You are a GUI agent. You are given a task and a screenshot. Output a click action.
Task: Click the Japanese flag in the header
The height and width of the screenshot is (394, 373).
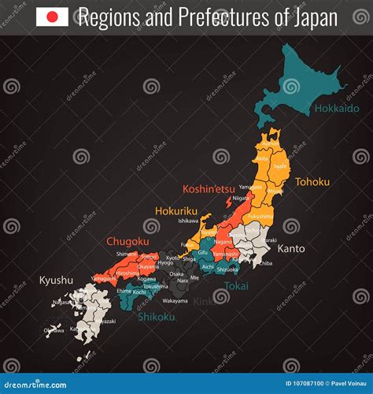coord(52,17)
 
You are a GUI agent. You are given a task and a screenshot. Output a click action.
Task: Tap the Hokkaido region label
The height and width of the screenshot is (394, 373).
coord(336,108)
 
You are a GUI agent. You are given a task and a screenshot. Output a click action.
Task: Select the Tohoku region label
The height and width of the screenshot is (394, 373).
coord(312,181)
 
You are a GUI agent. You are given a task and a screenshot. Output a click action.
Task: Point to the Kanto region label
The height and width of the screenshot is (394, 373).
coord(290,248)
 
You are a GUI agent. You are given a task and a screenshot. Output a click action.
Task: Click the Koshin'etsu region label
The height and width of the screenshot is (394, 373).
coord(208,188)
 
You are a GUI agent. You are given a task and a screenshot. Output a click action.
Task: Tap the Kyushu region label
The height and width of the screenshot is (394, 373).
coord(56,279)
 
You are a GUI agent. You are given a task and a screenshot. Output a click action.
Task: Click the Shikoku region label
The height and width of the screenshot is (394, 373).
coord(157,317)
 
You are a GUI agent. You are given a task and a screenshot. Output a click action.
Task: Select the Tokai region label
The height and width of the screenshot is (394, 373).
coord(236,286)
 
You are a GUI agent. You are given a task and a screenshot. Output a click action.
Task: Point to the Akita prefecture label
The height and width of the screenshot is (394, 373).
coord(261,159)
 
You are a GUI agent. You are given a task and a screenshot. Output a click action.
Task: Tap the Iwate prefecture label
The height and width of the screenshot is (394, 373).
coord(279,166)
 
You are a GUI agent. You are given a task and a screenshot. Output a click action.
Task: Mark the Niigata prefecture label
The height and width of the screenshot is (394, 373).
coord(241,198)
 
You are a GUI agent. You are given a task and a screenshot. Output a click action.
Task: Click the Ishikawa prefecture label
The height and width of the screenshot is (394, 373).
coord(189,221)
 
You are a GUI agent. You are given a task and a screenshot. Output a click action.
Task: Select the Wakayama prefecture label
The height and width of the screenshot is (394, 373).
coord(175,300)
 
